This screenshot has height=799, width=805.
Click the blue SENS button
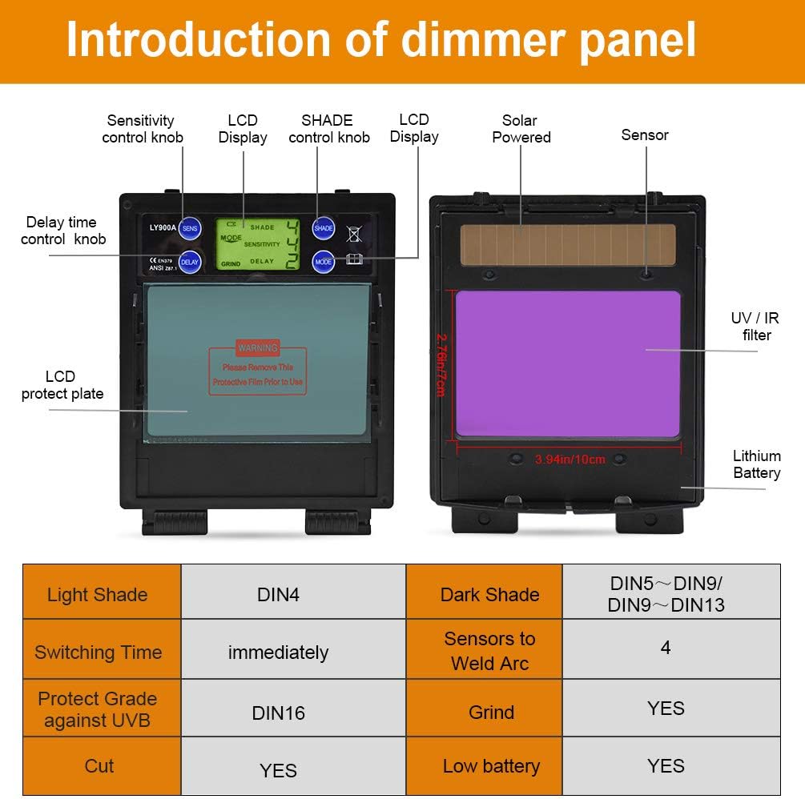(190, 228)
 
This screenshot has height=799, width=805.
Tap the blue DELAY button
(190, 262)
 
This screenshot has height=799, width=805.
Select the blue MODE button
(323, 262)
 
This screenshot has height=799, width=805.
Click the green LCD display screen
(258, 244)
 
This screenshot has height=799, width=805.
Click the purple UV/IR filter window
(567, 363)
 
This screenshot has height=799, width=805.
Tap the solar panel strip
(567, 245)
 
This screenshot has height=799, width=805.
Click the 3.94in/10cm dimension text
(570, 460)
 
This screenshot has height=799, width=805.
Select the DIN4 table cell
(278, 595)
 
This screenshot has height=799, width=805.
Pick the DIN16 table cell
(278, 713)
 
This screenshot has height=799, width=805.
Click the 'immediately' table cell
(278, 652)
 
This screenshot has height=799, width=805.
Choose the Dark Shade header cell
(489, 595)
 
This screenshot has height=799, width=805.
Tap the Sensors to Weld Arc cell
(489, 651)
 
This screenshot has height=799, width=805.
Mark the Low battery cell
(490, 766)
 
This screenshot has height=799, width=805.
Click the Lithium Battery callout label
(756, 464)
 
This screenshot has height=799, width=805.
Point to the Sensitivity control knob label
(142, 129)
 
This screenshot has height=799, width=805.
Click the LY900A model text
(162, 228)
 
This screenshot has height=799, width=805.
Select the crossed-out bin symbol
(353, 234)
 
